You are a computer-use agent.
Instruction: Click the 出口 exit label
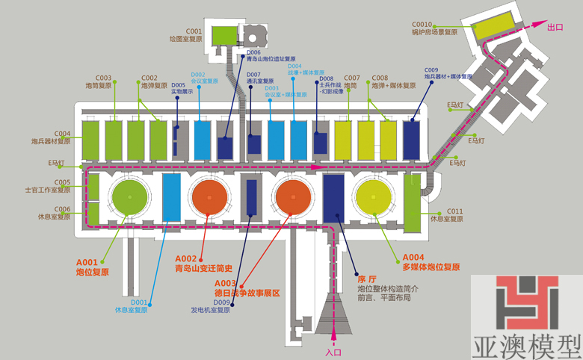point(555,28)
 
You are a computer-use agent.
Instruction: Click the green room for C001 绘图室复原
point(223,35)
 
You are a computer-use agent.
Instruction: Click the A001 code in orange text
point(87,262)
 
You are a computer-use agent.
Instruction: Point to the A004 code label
point(413,257)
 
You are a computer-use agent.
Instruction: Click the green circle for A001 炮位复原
point(132,196)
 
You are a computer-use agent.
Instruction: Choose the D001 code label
point(140,302)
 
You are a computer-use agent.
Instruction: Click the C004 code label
point(62,133)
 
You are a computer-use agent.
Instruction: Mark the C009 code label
point(432,69)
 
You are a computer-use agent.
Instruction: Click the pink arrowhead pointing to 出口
point(538,27)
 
